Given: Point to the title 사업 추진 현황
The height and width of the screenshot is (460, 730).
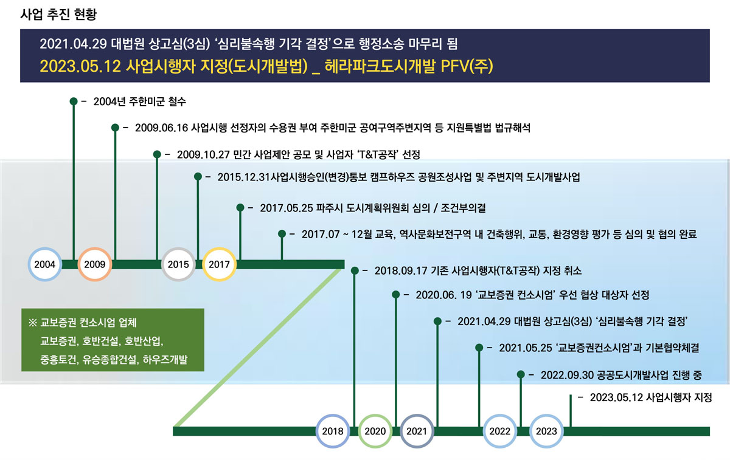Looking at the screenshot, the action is [x=58, y=15].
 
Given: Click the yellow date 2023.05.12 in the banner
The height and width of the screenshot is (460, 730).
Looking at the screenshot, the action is [x=80, y=66].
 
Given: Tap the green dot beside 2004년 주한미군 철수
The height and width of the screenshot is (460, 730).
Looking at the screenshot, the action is [x=74, y=101].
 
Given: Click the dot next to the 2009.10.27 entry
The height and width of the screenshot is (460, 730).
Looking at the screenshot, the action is [x=157, y=154].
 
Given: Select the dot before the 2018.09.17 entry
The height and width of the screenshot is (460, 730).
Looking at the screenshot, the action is [x=355, y=270].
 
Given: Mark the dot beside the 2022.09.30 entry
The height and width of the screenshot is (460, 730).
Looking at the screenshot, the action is [x=521, y=374].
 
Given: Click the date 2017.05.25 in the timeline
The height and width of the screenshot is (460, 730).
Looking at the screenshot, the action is [x=287, y=208].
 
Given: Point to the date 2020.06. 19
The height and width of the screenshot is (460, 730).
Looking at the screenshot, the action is [x=444, y=295].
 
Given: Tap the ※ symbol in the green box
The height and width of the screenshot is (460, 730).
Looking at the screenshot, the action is [x=33, y=323].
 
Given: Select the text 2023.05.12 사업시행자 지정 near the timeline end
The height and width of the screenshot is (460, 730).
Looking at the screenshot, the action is [x=651, y=397].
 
